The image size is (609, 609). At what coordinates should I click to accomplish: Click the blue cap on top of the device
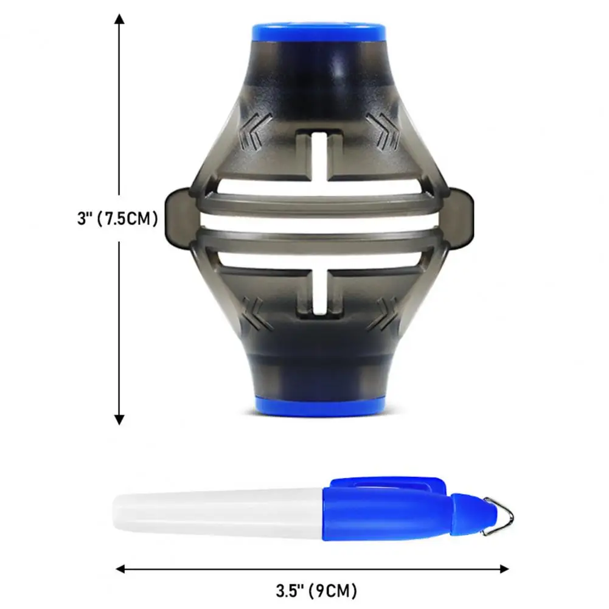tap(319, 32)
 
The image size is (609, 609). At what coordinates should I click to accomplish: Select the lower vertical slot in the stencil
tap(319, 291)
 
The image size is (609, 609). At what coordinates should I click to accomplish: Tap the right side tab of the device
tap(461, 218)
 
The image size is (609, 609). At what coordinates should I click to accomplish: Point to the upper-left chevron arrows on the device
tap(254, 132)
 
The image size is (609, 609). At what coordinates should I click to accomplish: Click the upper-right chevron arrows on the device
tap(383, 132)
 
